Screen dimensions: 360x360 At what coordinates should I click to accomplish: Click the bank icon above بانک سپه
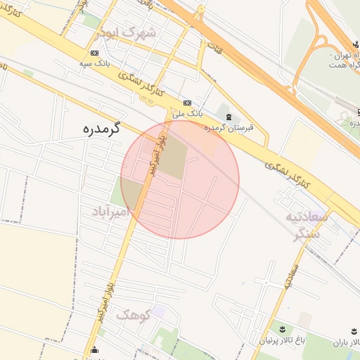(95, 53)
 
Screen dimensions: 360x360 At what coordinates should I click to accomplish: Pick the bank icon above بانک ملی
(187, 102)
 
